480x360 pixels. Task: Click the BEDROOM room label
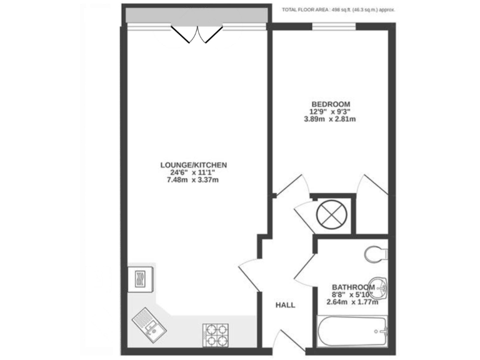point(331,104)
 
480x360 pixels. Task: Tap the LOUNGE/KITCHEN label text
point(193,165)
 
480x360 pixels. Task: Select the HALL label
point(286,305)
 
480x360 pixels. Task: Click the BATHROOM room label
point(352,288)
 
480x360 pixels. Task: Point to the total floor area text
point(338,10)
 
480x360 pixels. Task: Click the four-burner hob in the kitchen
point(214,335)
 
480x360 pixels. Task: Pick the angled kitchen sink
point(147,322)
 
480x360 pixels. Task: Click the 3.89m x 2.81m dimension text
point(329,119)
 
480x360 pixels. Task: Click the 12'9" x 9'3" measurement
point(330,112)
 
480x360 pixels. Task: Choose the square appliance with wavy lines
point(139,277)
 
